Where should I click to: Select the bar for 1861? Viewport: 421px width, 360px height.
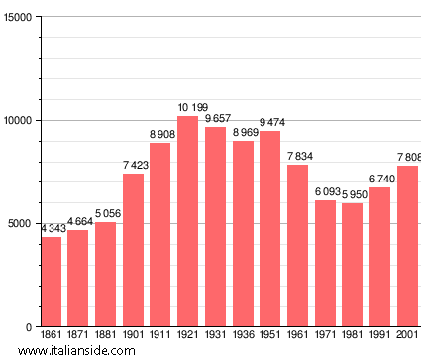coord(51,282)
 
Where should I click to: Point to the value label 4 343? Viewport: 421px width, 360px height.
coord(53,229)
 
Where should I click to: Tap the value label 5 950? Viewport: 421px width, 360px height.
coord(352,195)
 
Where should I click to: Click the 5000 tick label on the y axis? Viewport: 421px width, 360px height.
coord(19,224)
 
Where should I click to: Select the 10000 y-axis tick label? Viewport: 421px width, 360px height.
coord(16,121)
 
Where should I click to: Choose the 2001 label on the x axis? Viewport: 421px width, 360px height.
coord(406,336)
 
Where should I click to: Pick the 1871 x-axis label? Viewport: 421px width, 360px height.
coord(78,336)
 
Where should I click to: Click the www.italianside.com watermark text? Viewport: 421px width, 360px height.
coord(76,351)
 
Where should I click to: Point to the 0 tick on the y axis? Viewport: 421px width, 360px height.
coord(29,327)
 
